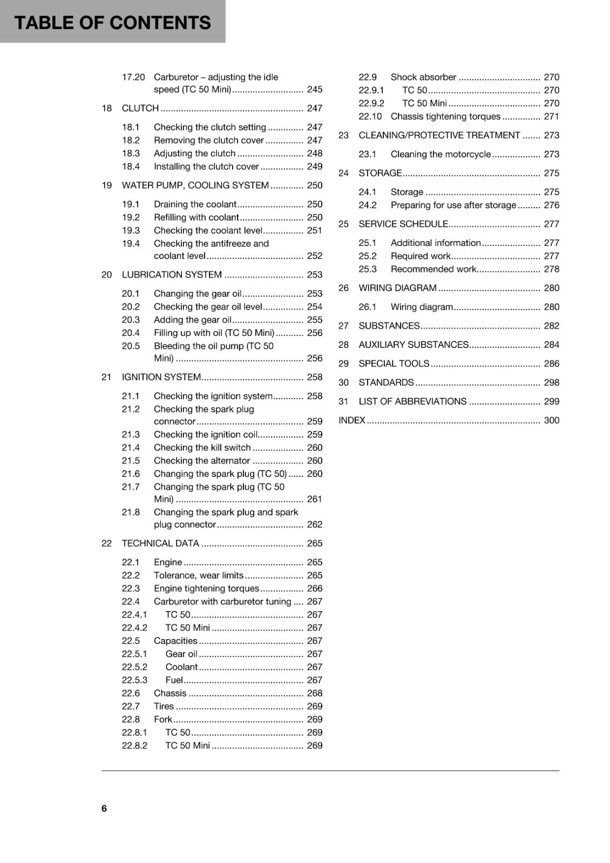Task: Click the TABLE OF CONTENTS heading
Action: (112, 23)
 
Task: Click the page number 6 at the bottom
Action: (104, 808)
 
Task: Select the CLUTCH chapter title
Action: (140, 108)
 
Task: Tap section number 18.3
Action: (131, 154)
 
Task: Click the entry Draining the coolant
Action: (195, 204)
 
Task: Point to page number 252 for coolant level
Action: (314, 256)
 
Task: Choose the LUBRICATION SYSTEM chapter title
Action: (172, 275)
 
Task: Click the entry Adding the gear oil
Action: (192, 320)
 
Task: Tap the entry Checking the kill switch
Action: (202, 448)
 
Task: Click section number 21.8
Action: (131, 512)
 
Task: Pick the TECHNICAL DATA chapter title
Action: (160, 544)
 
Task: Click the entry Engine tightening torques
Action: (206, 588)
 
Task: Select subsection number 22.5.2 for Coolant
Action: (134, 667)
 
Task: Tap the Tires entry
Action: (164, 707)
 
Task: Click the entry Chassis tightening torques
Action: (445, 117)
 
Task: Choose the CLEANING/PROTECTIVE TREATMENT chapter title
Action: (439, 135)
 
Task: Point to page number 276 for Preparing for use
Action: (551, 206)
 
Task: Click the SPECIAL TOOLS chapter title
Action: (394, 364)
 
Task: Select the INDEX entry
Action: (352, 420)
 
